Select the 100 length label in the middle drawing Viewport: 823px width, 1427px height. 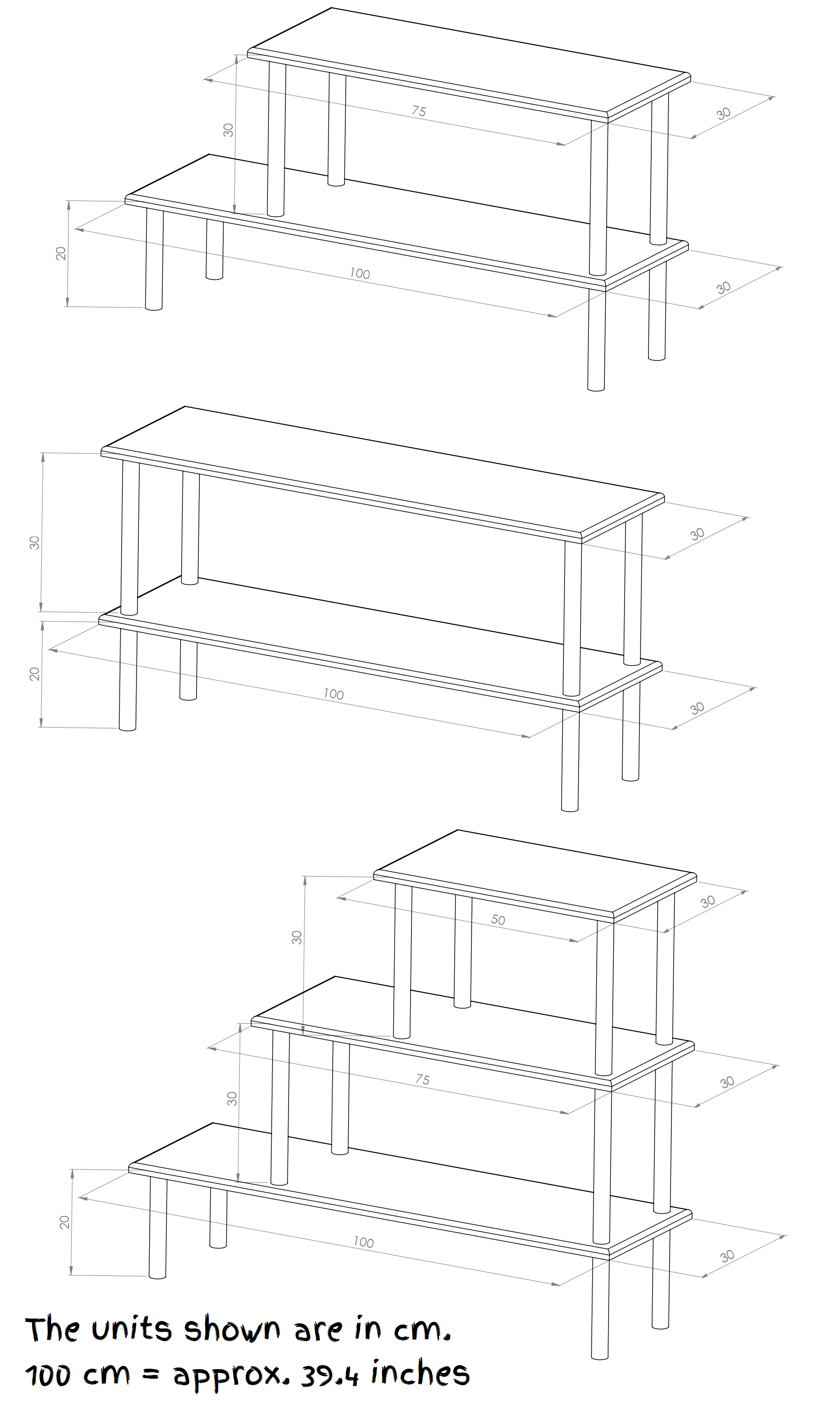coord(334,694)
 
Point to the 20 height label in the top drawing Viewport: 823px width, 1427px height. coord(61,253)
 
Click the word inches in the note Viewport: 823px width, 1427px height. coord(420,1371)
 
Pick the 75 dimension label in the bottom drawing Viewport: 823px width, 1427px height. coord(422,1079)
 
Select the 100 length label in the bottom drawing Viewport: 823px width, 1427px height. coord(364,1242)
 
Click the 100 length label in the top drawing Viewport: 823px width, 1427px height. coord(359,274)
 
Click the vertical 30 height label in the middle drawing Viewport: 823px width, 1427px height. coord(35,542)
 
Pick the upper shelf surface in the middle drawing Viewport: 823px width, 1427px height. coord(382,469)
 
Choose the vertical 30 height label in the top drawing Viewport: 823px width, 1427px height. coord(229,130)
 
